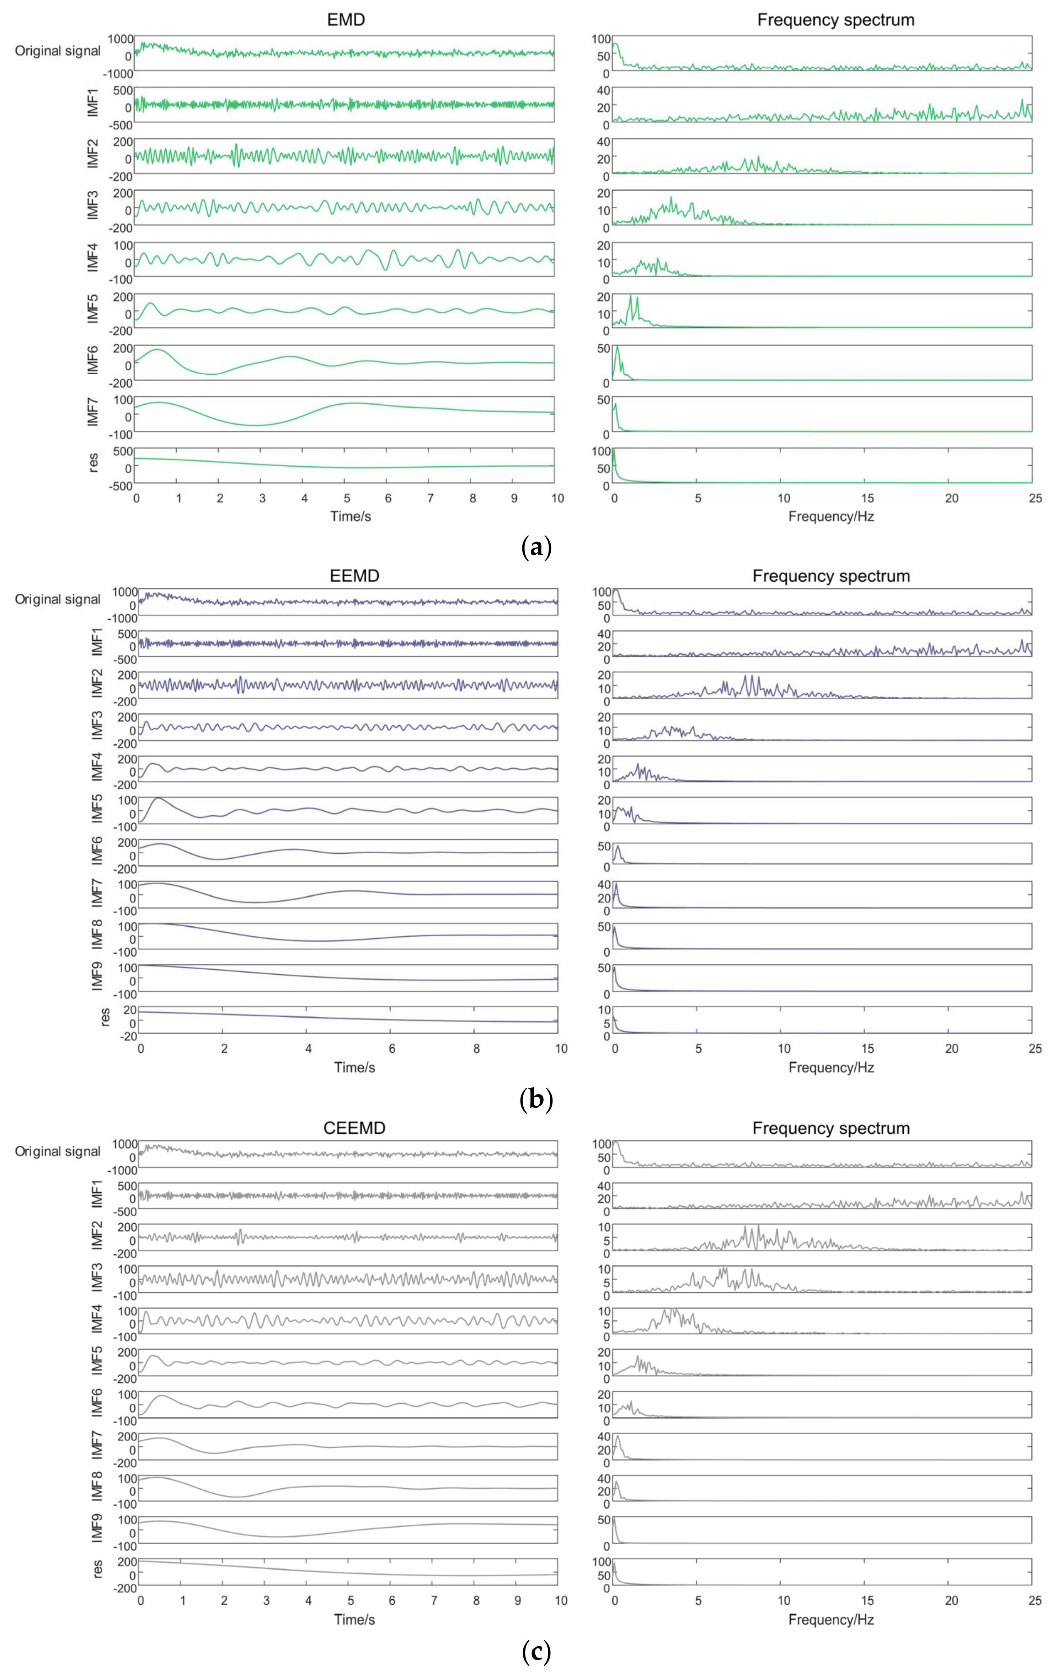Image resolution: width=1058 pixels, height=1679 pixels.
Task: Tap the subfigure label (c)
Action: pyautogui.click(x=536, y=1653)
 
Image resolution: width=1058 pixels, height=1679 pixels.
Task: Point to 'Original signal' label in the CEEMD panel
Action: pyautogui.click(x=58, y=1151)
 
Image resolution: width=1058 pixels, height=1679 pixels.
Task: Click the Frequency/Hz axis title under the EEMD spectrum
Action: pyautogui.click(x=831, y=1068)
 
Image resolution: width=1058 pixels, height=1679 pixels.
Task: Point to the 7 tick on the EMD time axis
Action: pyautogui.click(x=430, y=498)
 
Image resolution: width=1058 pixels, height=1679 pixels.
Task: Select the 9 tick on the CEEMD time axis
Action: pyautogui.click(x=517, y=1601)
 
